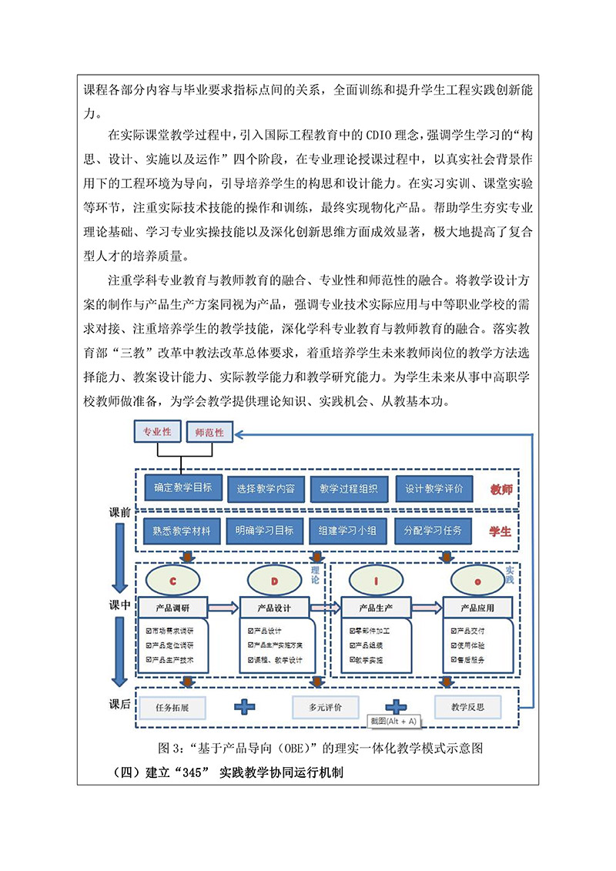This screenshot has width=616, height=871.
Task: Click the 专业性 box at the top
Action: coord(156,432)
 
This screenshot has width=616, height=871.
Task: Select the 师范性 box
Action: coord(209,433)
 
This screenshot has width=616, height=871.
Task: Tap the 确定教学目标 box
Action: coord(182,487)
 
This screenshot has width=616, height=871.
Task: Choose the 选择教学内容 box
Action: coord(266,489)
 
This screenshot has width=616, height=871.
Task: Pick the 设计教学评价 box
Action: coord(434,488)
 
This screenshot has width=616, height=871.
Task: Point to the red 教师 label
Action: coord(500,489)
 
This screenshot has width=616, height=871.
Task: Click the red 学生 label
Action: coord(500,531)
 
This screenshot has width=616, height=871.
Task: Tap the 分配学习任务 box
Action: coord(433,531)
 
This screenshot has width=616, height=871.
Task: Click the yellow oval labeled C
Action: coord(173,581)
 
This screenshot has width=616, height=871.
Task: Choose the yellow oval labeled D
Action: coord(274,581)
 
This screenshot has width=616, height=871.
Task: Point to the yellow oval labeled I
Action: coord(375,581)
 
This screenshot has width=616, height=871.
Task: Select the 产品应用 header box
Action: coord(477,608)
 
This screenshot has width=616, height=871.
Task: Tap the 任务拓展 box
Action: coord(172,705)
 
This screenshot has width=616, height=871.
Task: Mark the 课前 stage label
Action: coord(120,512)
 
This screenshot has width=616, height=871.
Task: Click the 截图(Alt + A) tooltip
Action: coord(393,721)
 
